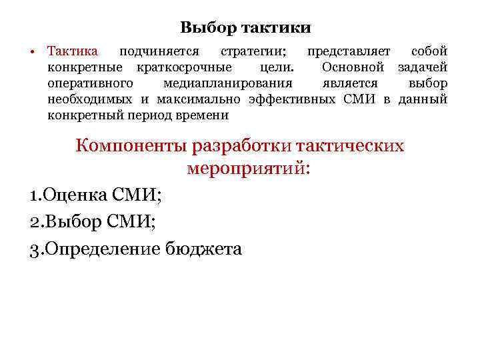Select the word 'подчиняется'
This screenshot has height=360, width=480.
(159, 51)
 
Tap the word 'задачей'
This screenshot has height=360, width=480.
(423, 67)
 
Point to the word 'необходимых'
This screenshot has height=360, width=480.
(90, 99)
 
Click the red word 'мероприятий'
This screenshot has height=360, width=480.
(248, 168)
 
